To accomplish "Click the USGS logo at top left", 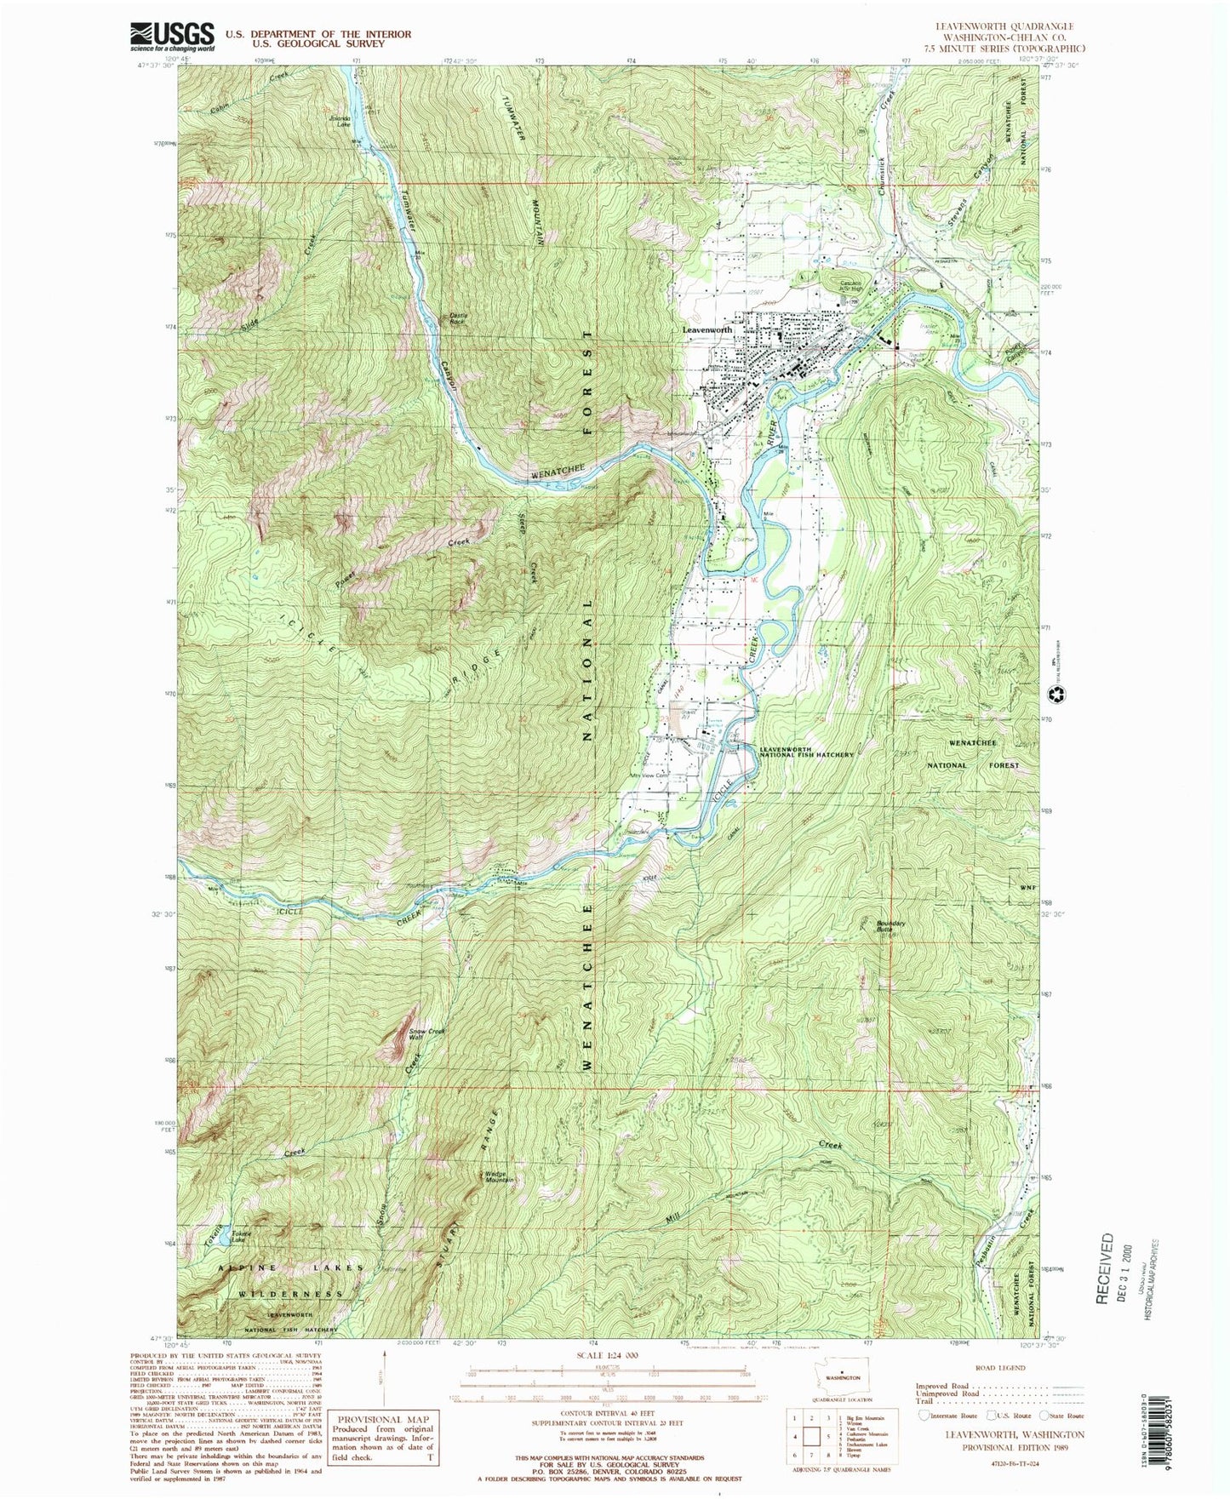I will tap(172, 36).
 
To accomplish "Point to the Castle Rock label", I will tap(457, 319).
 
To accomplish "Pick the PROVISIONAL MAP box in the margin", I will tap(383, 1439).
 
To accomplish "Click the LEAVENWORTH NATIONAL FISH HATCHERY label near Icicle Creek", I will tap(806, 751).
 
